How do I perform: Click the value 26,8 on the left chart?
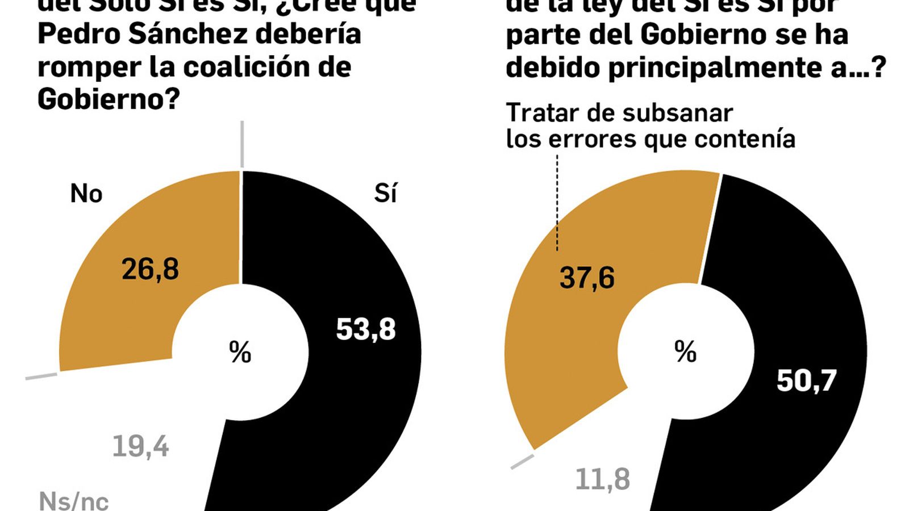[150, 269]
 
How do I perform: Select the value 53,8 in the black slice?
[365, 329]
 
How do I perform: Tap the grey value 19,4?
[140, 447]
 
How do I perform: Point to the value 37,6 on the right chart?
[587, 278]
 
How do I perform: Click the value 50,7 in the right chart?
[806, 380]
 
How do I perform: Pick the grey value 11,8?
[602, 480]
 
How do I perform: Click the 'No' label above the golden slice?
[86, 194]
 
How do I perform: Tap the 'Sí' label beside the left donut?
[385, 194]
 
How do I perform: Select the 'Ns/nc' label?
[74, 501]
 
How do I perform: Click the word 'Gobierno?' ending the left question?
[109, 99]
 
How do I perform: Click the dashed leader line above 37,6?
[557, 204]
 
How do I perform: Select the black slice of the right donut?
[795, 284]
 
